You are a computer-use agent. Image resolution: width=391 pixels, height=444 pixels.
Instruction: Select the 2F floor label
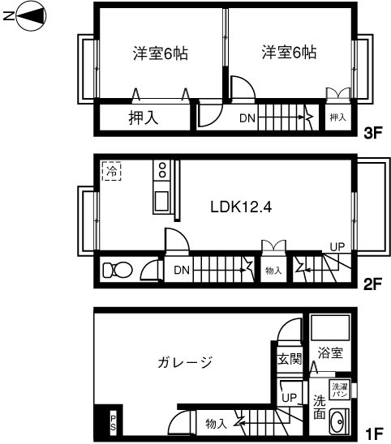[x=372, y=285]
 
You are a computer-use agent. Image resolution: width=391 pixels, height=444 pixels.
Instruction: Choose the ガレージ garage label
[x=185, y=362]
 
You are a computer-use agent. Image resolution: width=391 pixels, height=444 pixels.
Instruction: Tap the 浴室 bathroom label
[x=331, y=353]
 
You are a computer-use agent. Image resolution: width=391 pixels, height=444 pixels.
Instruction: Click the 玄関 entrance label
[x=289, y=358]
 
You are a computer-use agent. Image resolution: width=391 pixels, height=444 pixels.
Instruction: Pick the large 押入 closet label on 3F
[x=144, y=118]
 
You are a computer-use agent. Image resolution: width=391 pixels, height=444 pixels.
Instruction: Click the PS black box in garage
[x=114, y=423]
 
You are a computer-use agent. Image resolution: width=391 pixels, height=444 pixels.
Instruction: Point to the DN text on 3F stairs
[x=248, y=118]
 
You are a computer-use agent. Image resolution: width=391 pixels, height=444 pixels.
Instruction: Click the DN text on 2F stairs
[x=183, y=269]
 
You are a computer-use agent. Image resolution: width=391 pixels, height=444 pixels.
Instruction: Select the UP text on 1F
[x=288, y=397]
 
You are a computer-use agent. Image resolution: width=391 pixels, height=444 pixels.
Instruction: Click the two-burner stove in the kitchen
[x=162, y=171]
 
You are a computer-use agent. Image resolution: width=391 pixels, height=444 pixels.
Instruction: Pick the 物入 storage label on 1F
[x=215, y=423]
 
